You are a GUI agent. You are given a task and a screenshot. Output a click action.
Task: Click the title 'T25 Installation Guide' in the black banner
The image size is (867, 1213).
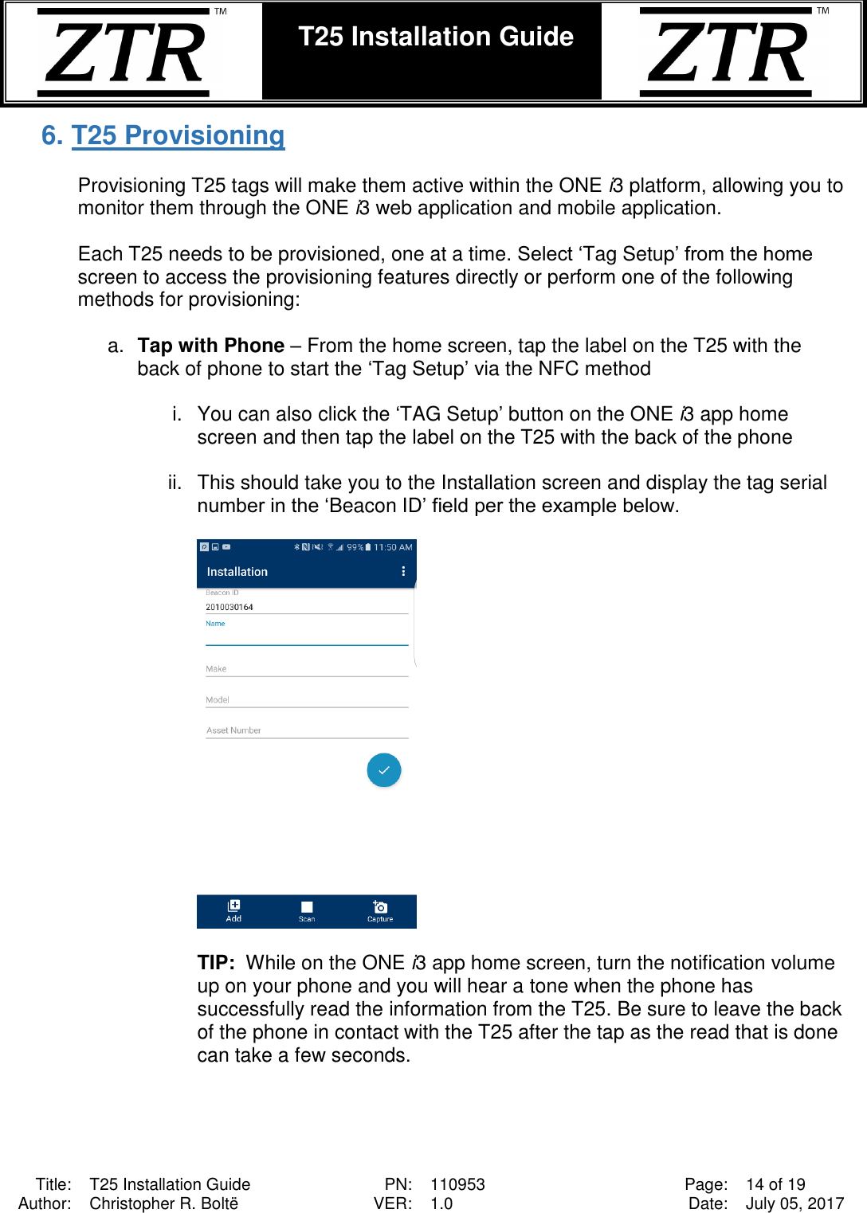(435, 37)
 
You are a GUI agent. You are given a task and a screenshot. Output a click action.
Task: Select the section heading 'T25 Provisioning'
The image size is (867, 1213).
(178, 135)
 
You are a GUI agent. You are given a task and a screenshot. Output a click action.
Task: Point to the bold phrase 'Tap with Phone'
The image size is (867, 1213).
(210, 346)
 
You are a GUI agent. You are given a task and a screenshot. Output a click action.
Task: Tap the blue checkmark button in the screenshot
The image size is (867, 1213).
(383, 770)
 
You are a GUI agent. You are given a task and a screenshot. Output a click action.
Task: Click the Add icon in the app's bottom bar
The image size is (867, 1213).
(233, 910)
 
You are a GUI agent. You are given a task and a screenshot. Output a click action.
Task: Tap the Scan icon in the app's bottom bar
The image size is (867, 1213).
(307, 910)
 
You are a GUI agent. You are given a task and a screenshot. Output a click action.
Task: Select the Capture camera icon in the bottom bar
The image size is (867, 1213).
(380, 910)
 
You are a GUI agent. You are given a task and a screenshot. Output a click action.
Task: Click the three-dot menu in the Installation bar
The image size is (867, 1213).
(403, 571)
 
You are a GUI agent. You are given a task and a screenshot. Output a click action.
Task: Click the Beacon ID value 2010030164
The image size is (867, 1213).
(229, 607)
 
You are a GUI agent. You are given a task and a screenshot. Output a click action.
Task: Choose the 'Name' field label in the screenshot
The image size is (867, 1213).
(215, 624)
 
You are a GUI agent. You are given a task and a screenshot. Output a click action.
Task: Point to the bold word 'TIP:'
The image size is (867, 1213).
(216, 963)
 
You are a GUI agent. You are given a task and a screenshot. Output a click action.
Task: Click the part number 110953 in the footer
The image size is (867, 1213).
(457, 1184)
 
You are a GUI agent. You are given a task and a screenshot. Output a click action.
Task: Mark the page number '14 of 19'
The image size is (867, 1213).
(775, 1184)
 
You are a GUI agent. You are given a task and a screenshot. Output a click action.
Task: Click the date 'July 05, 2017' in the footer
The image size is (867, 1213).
(794, 1203)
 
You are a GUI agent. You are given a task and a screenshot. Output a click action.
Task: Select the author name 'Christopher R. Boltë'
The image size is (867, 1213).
(163, 1203)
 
